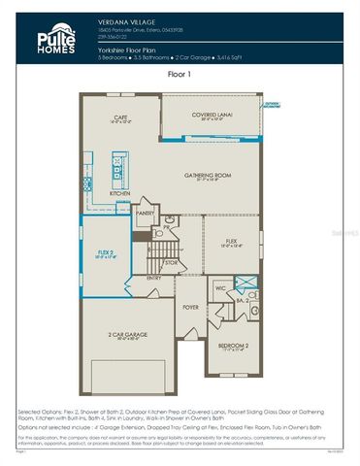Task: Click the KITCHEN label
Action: [119, 193]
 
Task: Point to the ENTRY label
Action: [154, 278]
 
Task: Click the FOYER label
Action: [190, 307]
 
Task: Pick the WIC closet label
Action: [221, 288]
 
